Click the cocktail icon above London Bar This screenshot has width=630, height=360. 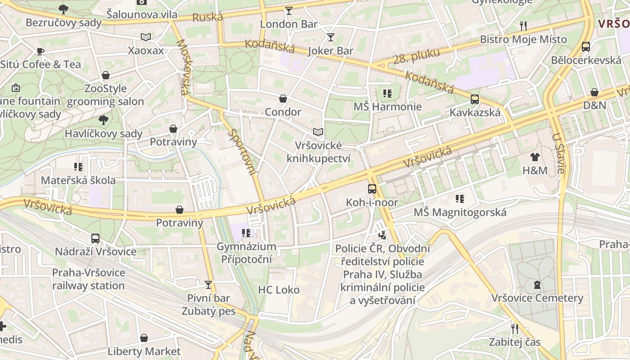(x=288, y=10)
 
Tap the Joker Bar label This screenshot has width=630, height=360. (x=330, y=51)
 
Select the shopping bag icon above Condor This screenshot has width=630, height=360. (x=283, y=98)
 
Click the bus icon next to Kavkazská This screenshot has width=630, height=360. (x=475, y=99)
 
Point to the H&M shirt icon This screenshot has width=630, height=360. (x=535, y=157)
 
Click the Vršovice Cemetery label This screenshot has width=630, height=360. (x=537, y=298)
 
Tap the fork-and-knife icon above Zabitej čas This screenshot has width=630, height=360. (x=515, y=328)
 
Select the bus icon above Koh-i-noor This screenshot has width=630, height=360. (x=372, y=189)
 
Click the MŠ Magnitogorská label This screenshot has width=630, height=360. (x=460, y=212)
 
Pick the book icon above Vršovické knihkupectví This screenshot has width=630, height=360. (x=318, y=132)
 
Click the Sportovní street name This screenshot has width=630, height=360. (x=242, y=152)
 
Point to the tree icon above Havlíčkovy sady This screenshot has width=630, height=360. (x=103, y=120)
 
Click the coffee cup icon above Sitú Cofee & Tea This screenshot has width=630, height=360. (x=40, y=51)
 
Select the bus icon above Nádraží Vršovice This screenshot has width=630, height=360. (x=95, y=238)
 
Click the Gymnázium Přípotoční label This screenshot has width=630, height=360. (x=246, y=253)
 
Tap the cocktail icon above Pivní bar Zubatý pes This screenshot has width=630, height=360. (x=208, y=284)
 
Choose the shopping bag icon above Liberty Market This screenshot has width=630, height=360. (x=144, y=338)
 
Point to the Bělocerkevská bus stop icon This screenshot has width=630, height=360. (x=586, y=46)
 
